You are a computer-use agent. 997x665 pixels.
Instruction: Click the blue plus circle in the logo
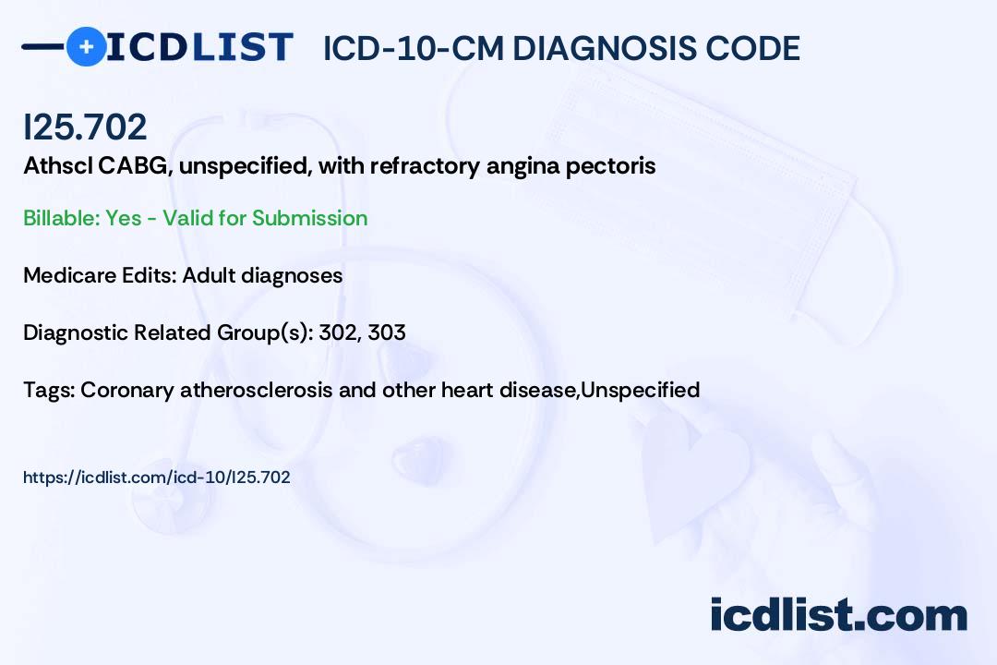(86, 46)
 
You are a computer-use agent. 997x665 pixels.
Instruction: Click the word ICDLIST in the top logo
(199, 47)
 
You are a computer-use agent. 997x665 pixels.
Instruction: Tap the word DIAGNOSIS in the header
(604, 48)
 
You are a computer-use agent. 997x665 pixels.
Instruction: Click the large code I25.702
(85, 127)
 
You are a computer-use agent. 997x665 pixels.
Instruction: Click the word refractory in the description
(425, 166)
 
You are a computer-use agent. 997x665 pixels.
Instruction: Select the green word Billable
(62, 218)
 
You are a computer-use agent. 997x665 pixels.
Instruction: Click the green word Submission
(309, 218)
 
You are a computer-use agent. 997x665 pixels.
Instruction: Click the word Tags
(50, 390)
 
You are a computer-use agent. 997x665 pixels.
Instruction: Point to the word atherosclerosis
(257, 390)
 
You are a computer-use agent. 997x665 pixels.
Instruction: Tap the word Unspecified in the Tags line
(641, 390)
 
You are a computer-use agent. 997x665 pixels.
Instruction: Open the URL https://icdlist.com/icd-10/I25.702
(156, 478)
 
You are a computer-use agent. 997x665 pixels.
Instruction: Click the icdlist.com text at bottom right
(838, 615)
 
